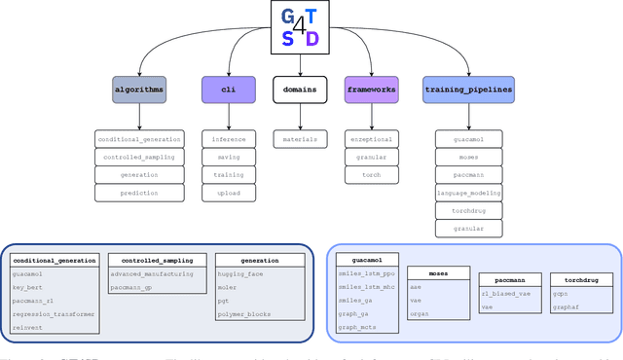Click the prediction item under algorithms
pyautogui.click(x=139, y=193)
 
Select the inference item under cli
pyautogui.click(x=229, y=139)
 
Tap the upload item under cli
pyautogui.click(x=229, y=193)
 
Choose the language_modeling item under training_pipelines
pyautogui.click(x=468, y=193)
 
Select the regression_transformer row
pyautogui.click(x=53, y=315)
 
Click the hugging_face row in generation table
pyautogui.click(x=238, y=274)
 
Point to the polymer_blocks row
pyautogui.click(x=241, y=315)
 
